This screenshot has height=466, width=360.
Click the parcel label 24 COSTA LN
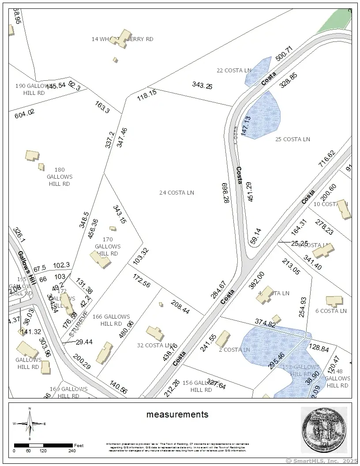pos(176,193)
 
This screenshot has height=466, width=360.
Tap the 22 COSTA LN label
pos(234,71)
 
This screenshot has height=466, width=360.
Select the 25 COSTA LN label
pos(292,139)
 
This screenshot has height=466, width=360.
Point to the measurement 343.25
pos(202,86)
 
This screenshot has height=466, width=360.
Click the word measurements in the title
pos(177,414)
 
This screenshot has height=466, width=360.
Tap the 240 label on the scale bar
pos(72,451)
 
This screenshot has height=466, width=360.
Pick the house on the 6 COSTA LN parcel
pos(334,301)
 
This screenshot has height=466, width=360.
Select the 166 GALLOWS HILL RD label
pos(111,320)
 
